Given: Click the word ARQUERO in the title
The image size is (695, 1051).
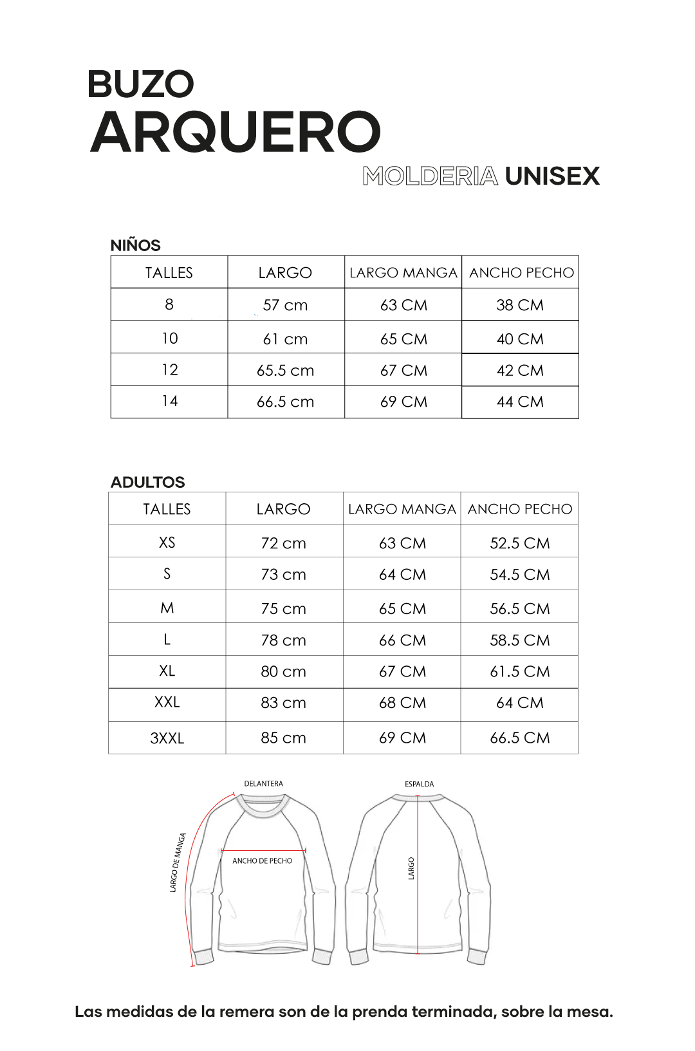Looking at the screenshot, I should [236, 133].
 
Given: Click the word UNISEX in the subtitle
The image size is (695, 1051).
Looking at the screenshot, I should [552, 176].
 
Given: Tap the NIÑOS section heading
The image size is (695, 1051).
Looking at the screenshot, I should [136, 245].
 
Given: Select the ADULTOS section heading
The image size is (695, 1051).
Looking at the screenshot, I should [147, 482].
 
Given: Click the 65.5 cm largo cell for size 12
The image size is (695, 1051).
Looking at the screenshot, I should [285, 371].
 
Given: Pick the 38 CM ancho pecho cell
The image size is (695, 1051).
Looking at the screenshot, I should [520, 305].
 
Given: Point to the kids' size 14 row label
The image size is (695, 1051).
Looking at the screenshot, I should [169, 402].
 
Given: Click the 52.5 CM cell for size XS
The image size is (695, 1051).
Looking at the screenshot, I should [519, 543].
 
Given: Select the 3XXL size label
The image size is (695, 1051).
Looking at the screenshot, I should [167, 738].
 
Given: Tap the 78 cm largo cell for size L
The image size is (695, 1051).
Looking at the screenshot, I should [283, 640].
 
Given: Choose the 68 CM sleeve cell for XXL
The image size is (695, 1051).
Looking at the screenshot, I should [402, 703].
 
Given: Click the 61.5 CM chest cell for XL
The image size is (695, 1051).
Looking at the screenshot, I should [519, 672].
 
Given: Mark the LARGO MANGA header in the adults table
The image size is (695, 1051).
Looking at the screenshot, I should [402, 509].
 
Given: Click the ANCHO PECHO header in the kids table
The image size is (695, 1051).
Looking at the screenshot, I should [521, 273].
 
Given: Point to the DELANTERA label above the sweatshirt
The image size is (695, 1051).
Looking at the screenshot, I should [263, 784].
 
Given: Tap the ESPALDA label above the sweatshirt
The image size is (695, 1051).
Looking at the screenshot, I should [419, 784].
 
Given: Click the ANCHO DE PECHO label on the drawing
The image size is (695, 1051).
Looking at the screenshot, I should [262, 860].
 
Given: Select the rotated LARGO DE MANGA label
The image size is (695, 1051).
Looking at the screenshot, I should [178, 862].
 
